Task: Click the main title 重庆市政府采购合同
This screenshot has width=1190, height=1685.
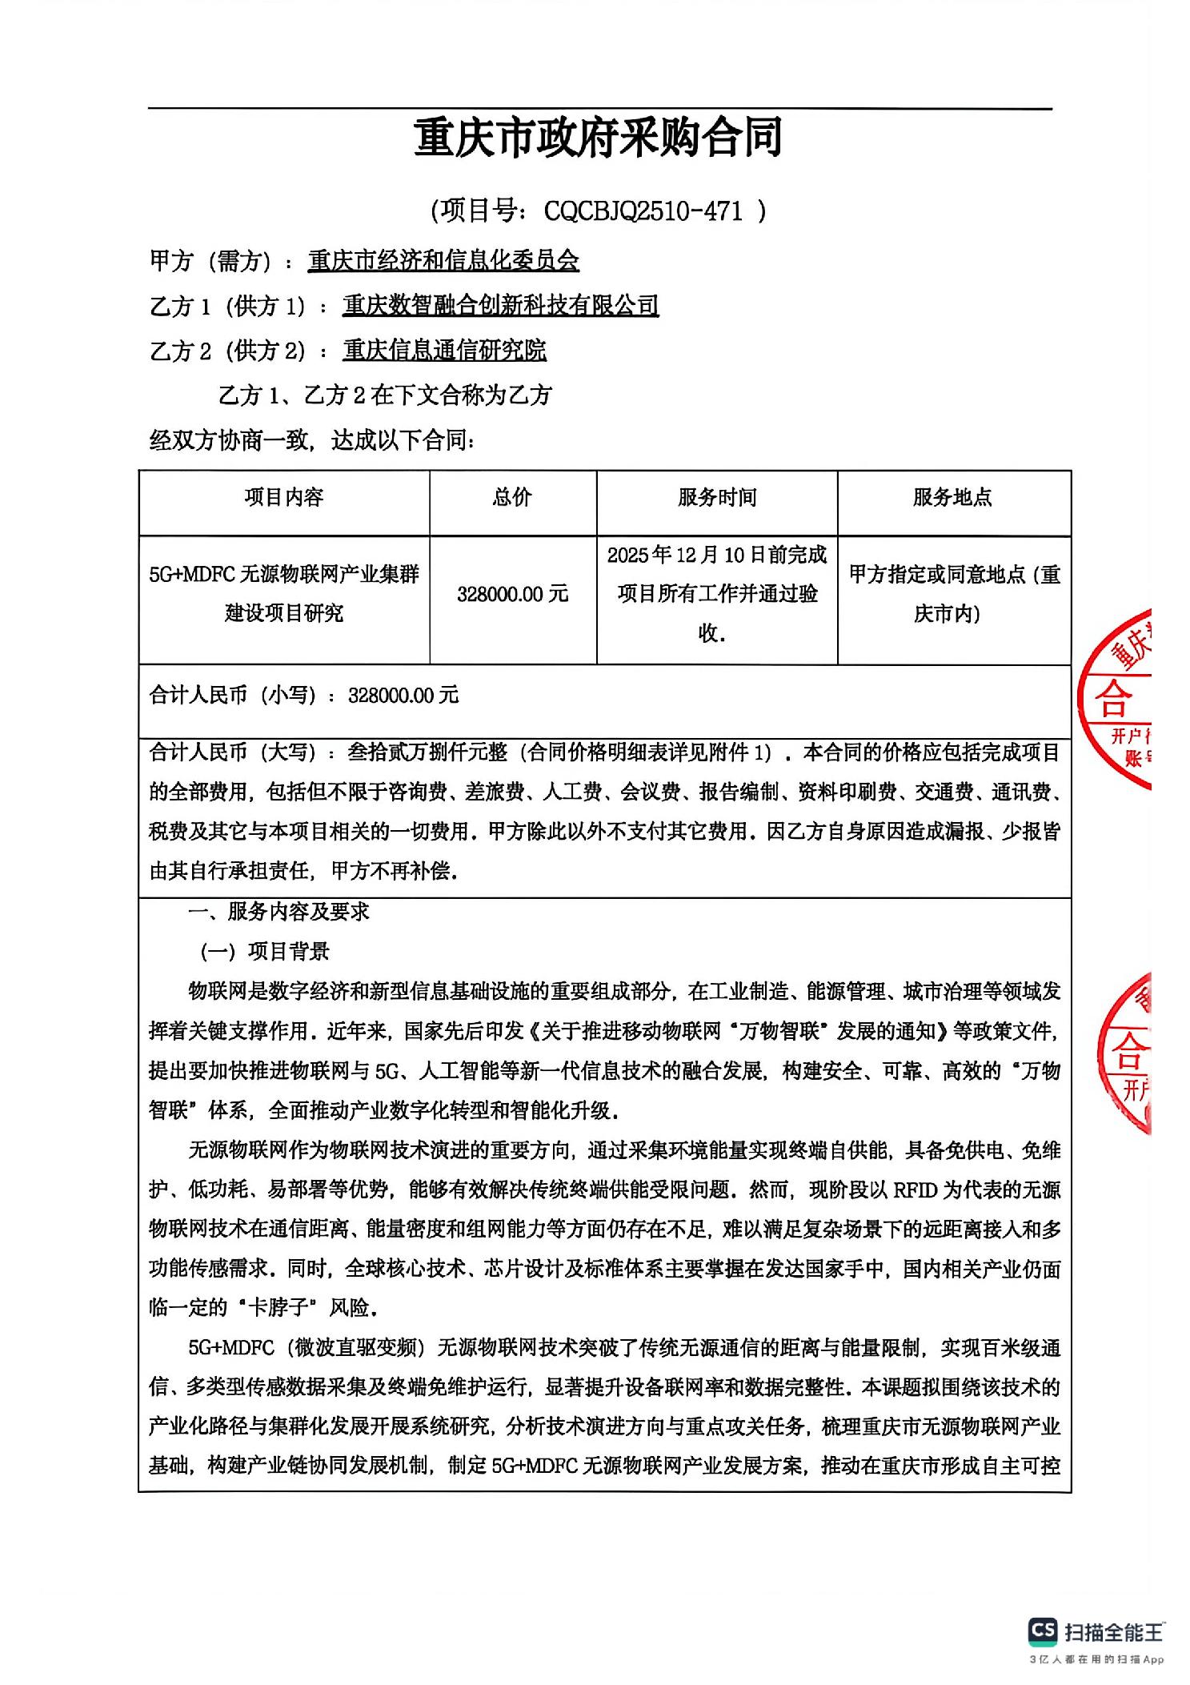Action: [x=598, y=138]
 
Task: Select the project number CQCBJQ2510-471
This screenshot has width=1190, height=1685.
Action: [x=643, y=211]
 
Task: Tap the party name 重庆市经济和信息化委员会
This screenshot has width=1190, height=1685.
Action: [x=443, y=261]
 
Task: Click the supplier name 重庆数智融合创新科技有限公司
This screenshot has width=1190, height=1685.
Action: [x=500, y=306]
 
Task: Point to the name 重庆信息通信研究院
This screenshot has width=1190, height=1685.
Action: [x=444, y=351]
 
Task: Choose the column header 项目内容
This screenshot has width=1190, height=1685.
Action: [x=284, y=498]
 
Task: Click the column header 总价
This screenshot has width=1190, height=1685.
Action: [x=512, y=498]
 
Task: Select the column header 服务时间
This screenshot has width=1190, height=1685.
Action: [x=717, y=498]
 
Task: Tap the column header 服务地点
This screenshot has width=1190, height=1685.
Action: [x=952, y=498]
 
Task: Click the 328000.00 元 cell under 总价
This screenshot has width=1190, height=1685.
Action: [x=512, y=594]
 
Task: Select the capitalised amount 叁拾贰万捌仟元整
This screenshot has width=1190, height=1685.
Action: [x=428, y=752]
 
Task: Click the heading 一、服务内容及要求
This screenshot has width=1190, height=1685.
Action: [x=278, y=911]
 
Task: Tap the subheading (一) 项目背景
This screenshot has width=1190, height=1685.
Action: [x=266, y=951]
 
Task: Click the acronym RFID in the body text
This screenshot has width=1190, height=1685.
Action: [x=914, y=1190]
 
